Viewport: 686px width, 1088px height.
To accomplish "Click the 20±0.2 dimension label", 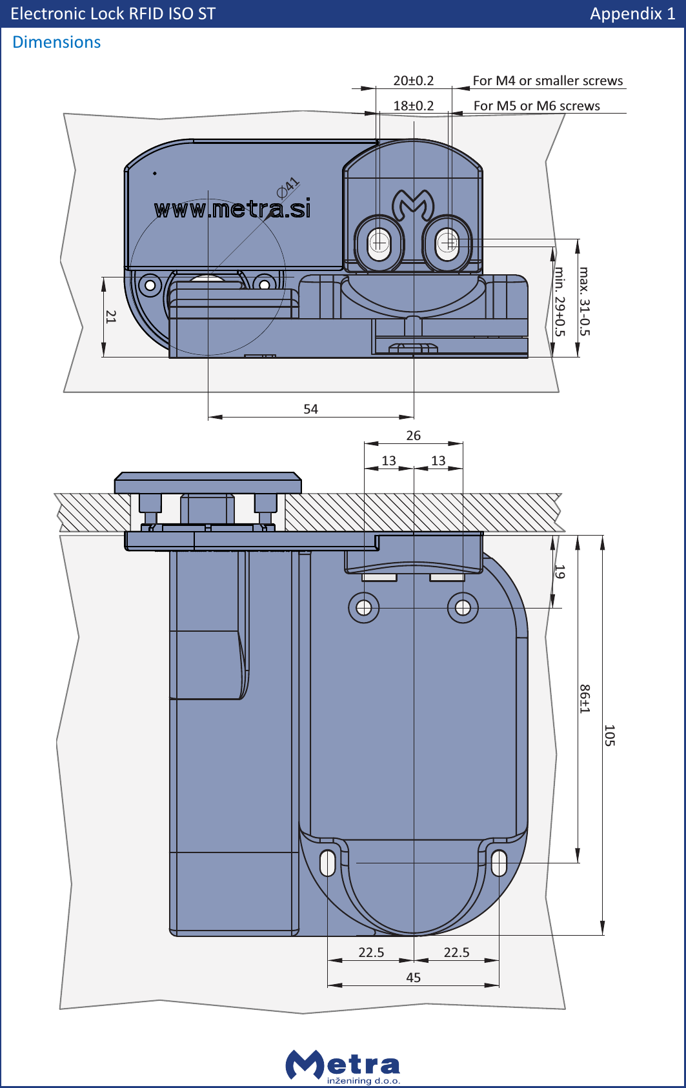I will pos(413,81).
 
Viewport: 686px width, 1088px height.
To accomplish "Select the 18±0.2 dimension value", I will pos(413,106).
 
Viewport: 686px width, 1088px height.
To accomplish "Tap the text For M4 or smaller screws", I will pos(547,81).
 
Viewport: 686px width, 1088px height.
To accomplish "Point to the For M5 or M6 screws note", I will pos(536,106).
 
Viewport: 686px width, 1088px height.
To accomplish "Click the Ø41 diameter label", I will pos(288,187).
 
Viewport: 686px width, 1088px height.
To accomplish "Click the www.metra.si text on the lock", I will pos(232,209).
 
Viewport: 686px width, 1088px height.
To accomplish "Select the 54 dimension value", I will pos(310,409).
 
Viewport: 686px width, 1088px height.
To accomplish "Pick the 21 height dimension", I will pos(111,316).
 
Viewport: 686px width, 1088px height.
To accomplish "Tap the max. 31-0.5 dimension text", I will pos(584,301).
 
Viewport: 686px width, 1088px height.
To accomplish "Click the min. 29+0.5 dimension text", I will pos(560,301).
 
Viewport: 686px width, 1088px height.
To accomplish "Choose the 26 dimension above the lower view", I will pos(413,436).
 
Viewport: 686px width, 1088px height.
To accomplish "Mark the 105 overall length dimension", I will pos(609,735).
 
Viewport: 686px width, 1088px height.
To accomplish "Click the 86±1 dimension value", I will pos(584,699).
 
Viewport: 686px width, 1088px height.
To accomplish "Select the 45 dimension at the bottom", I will pos(413,978).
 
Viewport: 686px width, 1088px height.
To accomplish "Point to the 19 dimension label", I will pos(560,572).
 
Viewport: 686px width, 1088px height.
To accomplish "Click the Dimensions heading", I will pos(57,43).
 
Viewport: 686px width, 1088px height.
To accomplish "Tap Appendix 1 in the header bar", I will pos(632,14).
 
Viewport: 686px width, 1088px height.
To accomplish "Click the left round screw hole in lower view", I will pos(363,608).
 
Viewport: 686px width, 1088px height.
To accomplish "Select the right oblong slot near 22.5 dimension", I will pos(499,863).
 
